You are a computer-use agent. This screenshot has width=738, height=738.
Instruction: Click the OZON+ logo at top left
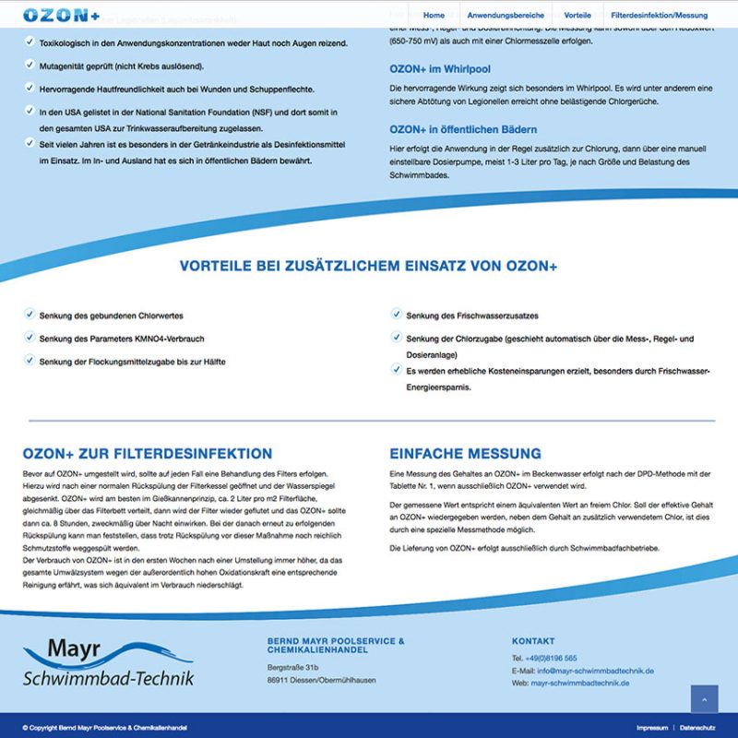pos(62,16)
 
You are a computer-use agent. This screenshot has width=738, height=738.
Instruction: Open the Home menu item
pos(434,16)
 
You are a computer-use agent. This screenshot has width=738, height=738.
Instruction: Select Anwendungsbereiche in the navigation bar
pos(506,16)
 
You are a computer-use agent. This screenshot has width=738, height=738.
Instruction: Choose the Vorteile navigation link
pos(577,16)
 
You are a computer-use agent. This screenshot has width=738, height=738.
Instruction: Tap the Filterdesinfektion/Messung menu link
pos(660,16)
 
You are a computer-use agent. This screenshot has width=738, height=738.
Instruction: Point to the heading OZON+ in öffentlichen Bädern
pos(463,129)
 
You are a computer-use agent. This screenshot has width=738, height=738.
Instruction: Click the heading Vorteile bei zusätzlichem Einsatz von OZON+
pos(369,267)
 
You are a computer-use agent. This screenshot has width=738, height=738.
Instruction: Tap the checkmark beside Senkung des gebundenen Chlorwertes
pos(29,314)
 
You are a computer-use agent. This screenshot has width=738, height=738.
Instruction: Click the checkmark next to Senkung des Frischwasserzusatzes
pos(396,314)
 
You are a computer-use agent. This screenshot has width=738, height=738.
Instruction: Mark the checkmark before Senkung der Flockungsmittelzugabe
pos(29,361)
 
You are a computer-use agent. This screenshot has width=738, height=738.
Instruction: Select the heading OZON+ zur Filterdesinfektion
pos(148,454)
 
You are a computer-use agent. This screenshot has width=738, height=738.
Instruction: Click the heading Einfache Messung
pos(465,454)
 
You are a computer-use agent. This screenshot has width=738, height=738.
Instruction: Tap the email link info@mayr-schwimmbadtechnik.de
pos(596,671)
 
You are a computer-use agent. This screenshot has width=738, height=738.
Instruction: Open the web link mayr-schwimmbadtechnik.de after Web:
pos(580,684)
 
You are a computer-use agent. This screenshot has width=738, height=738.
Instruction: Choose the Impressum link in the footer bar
pos(651,728)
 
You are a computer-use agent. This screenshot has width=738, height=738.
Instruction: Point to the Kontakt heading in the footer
pos(533,641)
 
